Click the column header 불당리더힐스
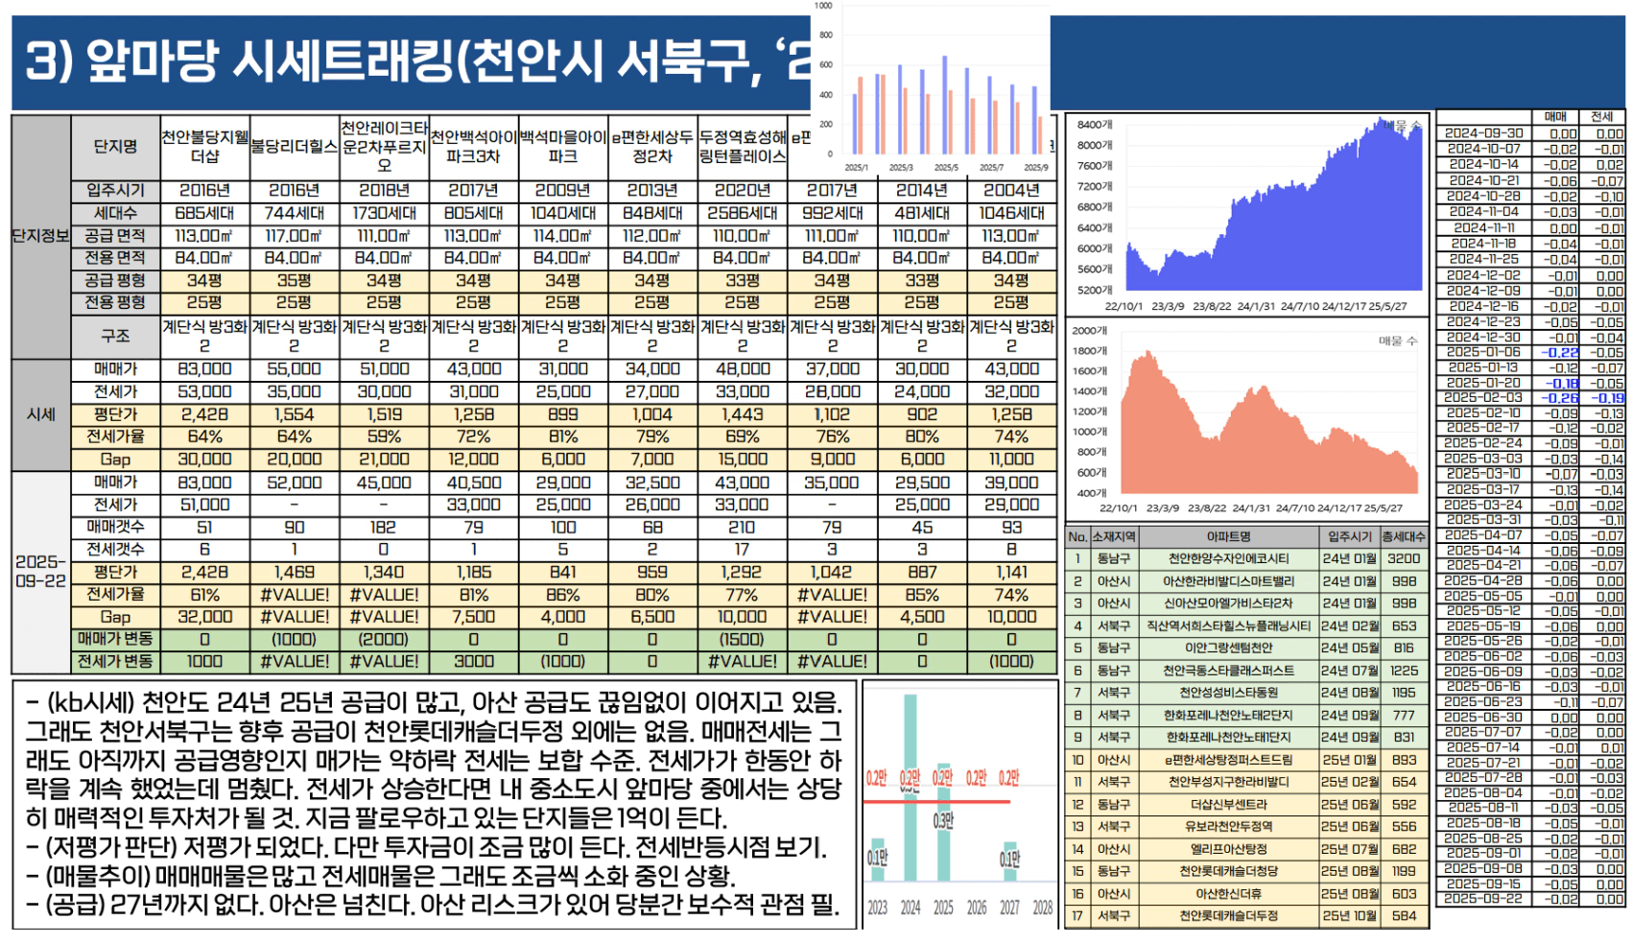pos(295,147)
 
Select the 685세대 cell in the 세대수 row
pos(204,213)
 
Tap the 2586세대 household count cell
pos(743,213)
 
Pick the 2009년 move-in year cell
pos(563,190)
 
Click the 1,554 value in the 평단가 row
pos(295,414)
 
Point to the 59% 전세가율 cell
pos(384,437)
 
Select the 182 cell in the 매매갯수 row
pos(384,527)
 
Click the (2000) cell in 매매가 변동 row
pos(384,639)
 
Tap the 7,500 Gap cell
pos(474,617)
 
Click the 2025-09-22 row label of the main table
pos(40,571)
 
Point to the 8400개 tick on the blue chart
pos(1095,125)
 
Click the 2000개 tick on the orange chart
pos(1090,330)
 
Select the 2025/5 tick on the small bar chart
pos(946,168)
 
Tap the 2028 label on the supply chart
pos(1042,908)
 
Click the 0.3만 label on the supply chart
pos(943,821)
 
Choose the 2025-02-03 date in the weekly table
pos(1483,397)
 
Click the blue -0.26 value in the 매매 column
pos(1561,397)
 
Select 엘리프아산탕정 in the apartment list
pos(1229,849)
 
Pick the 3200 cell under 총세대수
pos(1404,558)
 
